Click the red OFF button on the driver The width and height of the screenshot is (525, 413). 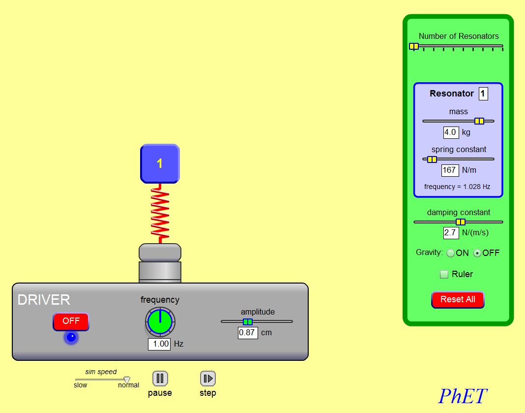[71, 321]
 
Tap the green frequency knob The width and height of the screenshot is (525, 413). [160, 321]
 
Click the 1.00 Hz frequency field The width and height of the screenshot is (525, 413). [159, 344]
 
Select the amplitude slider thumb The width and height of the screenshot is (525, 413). [248, 321]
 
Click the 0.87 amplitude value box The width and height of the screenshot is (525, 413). [248, 333]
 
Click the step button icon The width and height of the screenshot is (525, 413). [208, 379]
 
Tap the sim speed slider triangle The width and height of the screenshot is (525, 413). [127, 380]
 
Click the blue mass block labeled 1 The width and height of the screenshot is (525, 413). [160, 163]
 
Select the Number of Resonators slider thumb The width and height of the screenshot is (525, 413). [414, 46]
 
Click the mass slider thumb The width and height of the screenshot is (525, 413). [479, 121]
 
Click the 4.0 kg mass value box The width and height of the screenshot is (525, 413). [451, 132]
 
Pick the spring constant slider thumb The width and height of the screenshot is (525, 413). [432, 159]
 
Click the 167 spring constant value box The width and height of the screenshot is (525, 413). [450, 170]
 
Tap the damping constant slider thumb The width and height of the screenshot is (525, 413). [461, 222]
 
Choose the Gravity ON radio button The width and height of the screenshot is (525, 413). [450, 253]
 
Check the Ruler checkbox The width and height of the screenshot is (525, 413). [444, 274]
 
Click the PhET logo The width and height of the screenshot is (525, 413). [463, 396]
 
